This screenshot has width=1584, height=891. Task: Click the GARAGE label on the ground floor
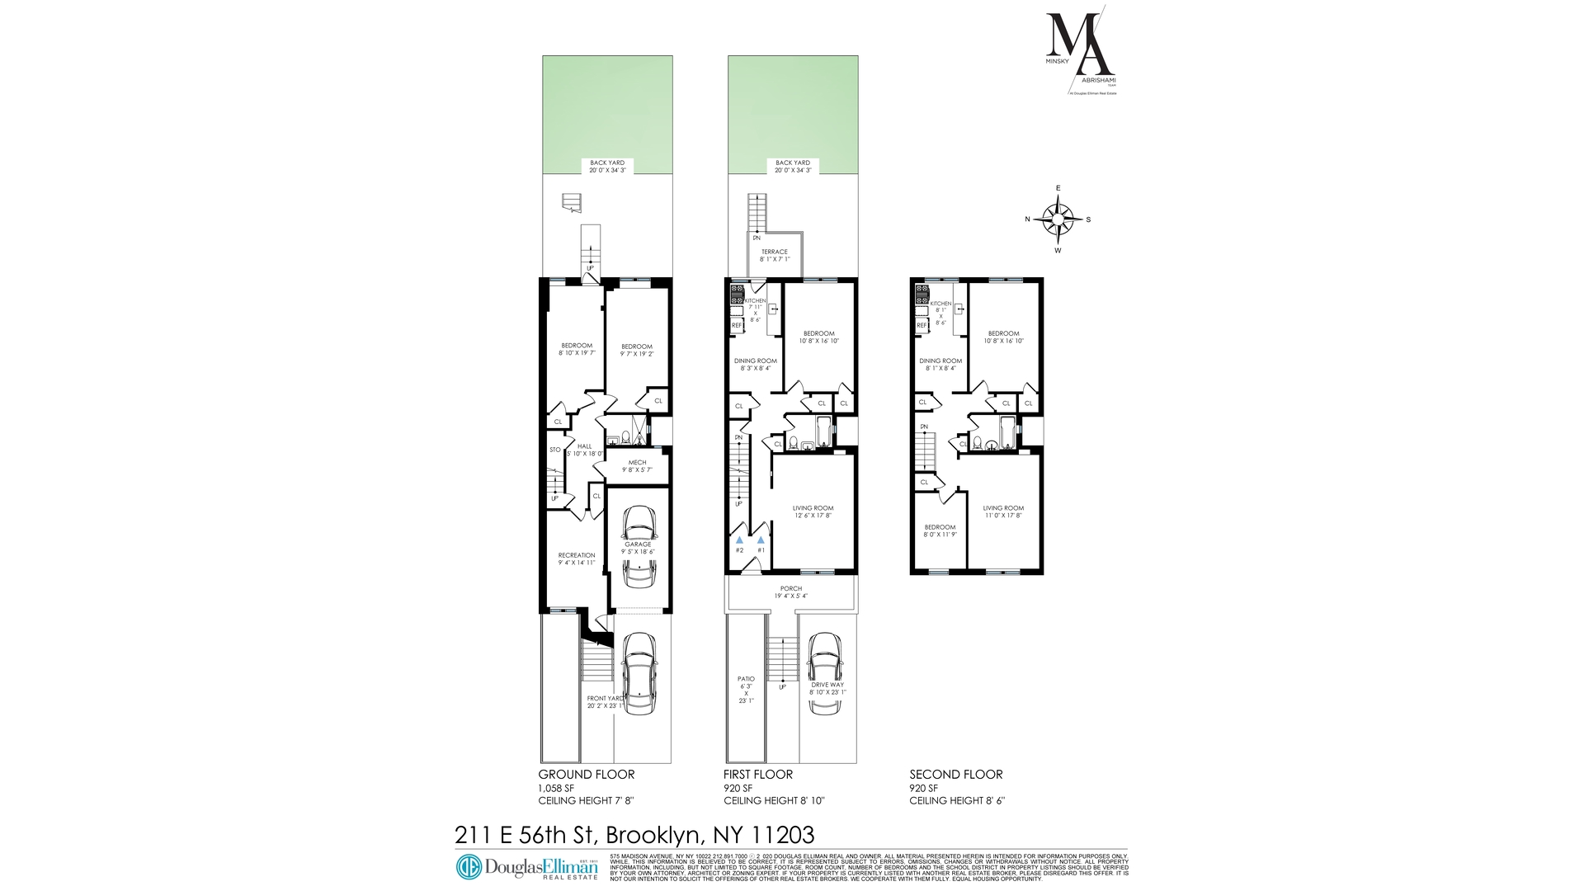638,544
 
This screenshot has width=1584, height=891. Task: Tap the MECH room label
637,462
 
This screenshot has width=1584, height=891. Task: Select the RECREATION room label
576,555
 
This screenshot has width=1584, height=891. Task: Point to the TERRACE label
774,252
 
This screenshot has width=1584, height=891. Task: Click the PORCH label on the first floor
790,589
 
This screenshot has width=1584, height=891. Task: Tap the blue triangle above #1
761,539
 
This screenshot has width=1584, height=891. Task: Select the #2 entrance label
739,550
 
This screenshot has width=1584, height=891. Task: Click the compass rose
1058,219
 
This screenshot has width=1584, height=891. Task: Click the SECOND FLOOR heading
955,775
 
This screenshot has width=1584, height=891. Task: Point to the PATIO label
746,679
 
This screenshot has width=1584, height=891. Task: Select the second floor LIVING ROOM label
1003,508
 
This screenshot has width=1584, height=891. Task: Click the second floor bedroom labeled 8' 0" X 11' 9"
940,530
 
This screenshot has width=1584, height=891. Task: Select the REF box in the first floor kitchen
737,325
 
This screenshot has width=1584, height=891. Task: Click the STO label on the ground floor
555,450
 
